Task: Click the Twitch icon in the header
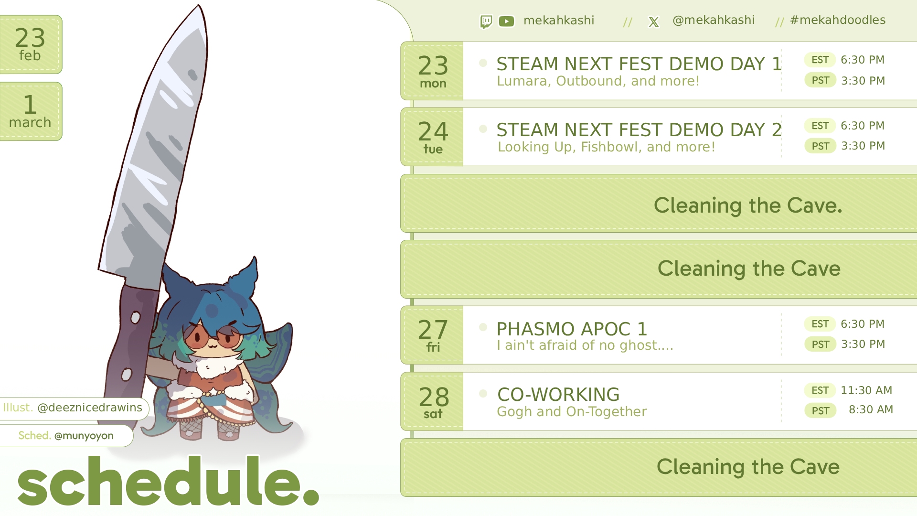click(486, 21)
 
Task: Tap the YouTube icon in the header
click(506, 21)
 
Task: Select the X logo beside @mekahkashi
click(653, 22)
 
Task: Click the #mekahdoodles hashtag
click(838, 20)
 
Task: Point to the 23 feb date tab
click(31, 44)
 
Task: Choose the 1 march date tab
click(31, 111)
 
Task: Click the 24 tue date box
click(432, 137)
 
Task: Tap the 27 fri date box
click(432, 335)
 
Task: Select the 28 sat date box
click(432, 402)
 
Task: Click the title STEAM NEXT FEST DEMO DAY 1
click(639, 64)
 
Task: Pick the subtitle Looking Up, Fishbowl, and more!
click(607, 147)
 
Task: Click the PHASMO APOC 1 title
click(572, 329)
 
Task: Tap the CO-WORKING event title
click(558, 395)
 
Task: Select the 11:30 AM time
click(866, 390)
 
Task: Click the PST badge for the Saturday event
click(821, 410)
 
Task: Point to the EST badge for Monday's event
click(820, 60)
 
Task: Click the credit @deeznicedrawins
click(90, 408)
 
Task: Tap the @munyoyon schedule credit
click(84, 436)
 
